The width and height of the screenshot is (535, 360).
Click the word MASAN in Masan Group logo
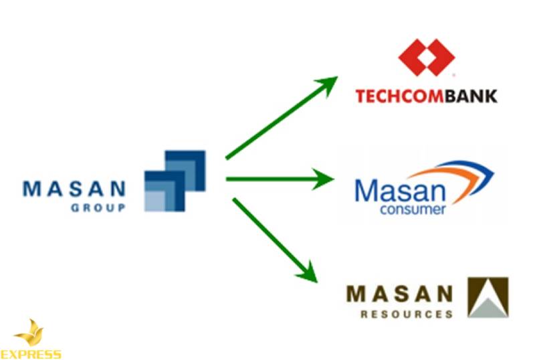pos(74,188)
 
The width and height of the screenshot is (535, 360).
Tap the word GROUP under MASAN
pos(98,208)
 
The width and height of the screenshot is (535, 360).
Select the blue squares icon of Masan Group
pos(175,181)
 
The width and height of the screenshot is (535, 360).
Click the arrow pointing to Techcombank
pos(281,118)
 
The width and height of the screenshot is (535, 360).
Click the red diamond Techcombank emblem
pos(426,58)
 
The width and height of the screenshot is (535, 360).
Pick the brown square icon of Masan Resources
pos(488,297)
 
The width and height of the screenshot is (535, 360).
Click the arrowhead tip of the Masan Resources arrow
pos(315,280)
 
